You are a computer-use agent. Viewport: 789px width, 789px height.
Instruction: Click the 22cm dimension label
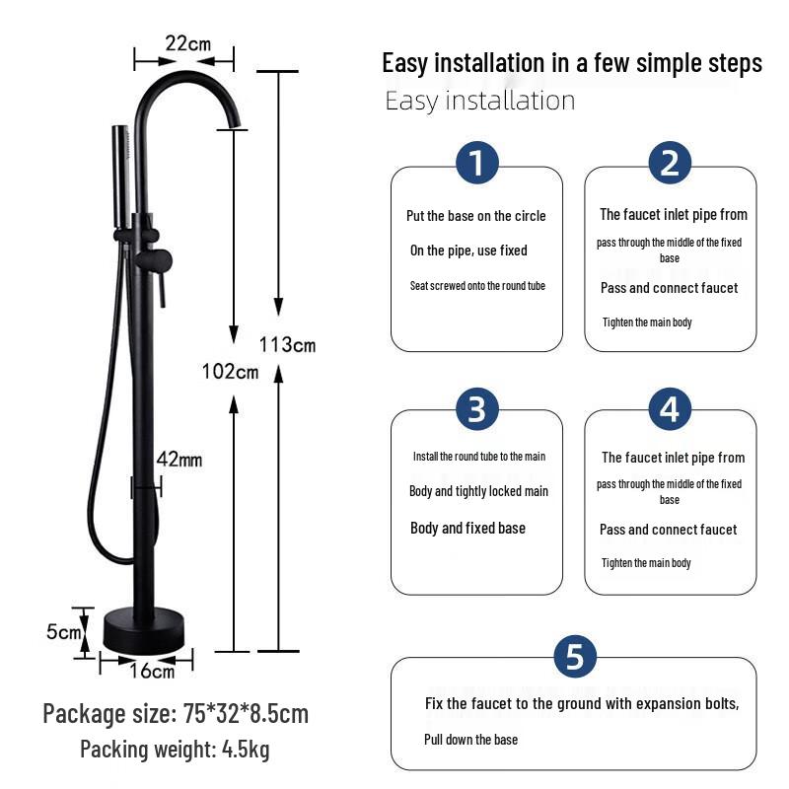[x=186, y=43]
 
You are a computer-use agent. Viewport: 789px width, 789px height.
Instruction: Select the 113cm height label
[x=288, y=344]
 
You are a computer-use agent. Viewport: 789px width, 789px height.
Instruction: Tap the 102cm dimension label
[x=229, y=372]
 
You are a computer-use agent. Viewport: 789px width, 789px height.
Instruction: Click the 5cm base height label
[x=63, y=631]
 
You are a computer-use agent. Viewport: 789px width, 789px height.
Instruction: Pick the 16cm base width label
[x=153, y=672]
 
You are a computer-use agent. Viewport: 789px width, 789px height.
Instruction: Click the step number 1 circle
[x=477, y=163]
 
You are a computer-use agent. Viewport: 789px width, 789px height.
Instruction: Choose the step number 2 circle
[x=670, y=163]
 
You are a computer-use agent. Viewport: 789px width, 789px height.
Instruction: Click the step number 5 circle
[x=574, y=656]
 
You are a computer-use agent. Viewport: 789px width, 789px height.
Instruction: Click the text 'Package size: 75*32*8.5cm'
[x=176, y=713]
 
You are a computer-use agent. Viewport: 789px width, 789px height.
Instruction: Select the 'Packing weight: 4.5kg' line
[x=175, y=750]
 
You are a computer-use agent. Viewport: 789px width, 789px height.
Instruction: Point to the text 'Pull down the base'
[x=470, y=740]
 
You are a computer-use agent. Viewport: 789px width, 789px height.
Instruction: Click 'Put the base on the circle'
[x=475, y=216]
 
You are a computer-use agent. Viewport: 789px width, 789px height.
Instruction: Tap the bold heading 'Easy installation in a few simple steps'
[x=572, y=64]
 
